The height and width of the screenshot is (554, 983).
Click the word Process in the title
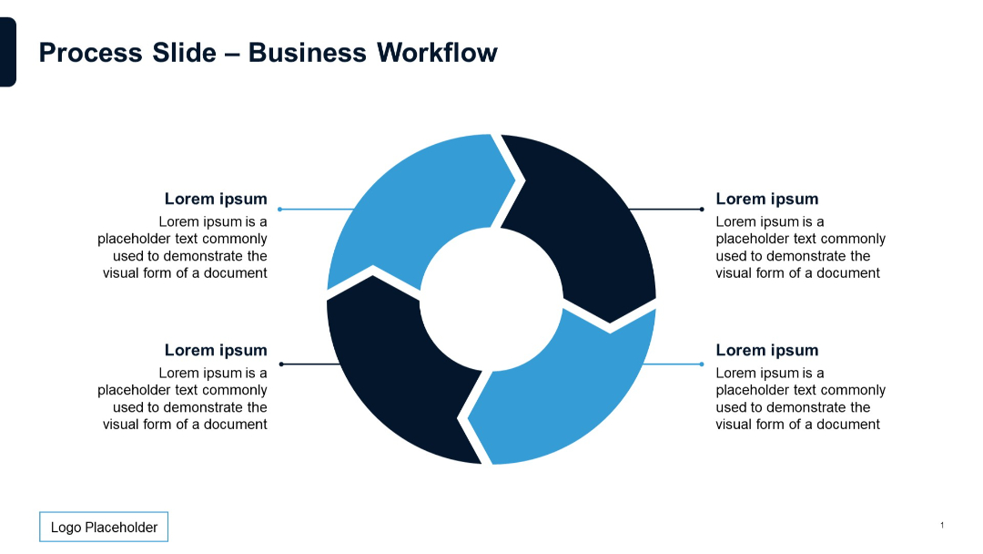click(x=91, y=53)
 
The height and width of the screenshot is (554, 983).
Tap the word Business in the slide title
click(x=308, y=53)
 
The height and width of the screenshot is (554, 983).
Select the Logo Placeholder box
click(x=104, y=527)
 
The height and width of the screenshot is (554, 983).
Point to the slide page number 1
click(x=942, y=525)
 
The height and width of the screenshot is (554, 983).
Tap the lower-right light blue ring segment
click(x=564, y=389)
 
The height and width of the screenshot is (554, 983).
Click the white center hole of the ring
click(x=491, y=299)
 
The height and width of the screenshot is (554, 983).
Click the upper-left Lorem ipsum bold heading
click(x=216, y=199)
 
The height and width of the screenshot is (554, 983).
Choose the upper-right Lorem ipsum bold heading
click(x=766, y=199)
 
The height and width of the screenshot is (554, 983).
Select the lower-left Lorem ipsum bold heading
click(x=216, y=350)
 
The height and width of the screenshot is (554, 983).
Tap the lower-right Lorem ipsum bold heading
click(x=766, y=350)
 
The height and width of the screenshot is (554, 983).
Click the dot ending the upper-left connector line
click(x=279, y=209)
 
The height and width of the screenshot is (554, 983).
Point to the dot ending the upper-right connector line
click(x=702, y=209)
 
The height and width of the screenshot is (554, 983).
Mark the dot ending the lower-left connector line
click(x=281, y=364)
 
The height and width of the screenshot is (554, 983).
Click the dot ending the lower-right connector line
click(x=702, y=364)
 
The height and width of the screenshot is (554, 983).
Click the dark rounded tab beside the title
click(x=7, y=52)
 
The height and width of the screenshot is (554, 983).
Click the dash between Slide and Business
click(x=232, y=55)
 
